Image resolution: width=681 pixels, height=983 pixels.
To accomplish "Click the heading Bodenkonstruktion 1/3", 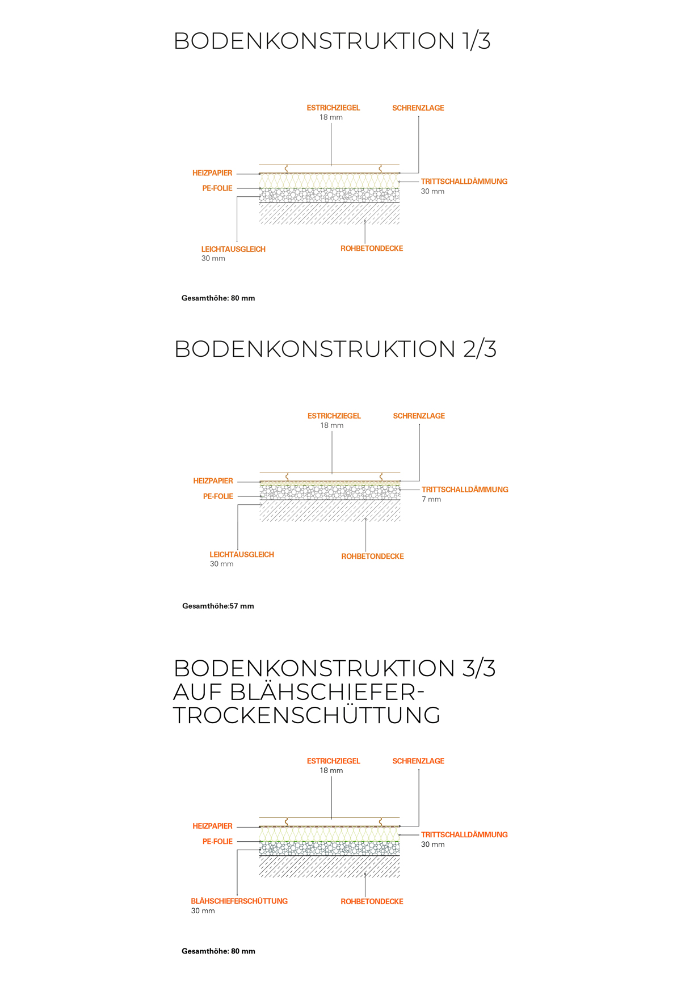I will coord(332,41).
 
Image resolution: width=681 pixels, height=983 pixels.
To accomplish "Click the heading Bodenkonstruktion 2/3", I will coord(335,349).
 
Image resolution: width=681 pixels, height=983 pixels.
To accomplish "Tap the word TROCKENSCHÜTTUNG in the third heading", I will coord(307,715).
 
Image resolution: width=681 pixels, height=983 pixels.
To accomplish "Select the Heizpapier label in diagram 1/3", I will coord(212,173).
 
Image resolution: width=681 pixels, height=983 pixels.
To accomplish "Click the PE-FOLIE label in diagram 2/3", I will coord(218,496).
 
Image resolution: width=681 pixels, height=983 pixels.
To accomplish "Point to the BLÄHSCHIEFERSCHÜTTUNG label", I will coord(239,901).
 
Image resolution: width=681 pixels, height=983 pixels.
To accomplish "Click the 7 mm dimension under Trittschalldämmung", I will coord(431,499).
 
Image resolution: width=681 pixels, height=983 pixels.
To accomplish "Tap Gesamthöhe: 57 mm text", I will coord(218,606).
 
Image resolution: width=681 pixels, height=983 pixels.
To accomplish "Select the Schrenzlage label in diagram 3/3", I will coord(418,761).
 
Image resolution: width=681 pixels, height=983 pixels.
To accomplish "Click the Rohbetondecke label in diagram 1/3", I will coord(372,248).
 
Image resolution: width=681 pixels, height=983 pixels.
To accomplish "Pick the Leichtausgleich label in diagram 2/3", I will coord(242,554).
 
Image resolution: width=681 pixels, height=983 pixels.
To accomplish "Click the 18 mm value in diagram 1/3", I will coord(331,117).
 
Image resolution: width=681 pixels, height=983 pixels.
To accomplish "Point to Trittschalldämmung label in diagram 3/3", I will coord(464,834).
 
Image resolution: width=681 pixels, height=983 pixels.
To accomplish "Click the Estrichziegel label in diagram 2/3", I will coord(334,416).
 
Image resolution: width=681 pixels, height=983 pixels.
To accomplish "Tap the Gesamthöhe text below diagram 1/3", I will coord(218,298).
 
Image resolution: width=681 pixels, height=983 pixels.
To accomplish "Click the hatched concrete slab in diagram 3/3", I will coord(329,867).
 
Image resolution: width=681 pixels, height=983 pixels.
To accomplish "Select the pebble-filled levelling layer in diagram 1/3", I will coord(329,196).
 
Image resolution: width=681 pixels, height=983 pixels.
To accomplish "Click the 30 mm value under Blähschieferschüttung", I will coord(203,911).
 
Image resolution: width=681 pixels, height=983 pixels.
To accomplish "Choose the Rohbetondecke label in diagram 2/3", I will coord(372,556).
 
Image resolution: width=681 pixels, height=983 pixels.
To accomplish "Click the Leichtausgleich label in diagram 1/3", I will coord(233,249).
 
